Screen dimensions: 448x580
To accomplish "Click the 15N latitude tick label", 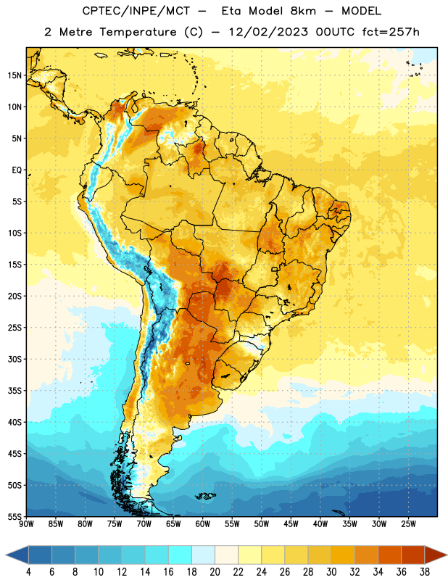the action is tap(14, 75).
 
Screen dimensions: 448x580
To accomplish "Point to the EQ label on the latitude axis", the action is tap(17, 170).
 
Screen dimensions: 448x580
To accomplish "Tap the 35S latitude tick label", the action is tap(14, 391).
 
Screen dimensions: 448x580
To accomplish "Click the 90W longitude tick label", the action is tap(27, 524).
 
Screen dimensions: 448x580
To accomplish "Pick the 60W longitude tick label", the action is tap(203, 524).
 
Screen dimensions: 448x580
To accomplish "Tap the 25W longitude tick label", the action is tap(408, 524).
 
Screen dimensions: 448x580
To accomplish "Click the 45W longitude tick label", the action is tap(291, 524).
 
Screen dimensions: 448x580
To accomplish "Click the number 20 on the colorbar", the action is tap(215, 572).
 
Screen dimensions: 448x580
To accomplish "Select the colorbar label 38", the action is tap(425, 572).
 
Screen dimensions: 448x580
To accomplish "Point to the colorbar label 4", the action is tap(29, 572).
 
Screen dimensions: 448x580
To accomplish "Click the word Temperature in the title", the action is tap(138, 32).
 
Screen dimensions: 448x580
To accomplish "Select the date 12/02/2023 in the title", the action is tap(268, 32).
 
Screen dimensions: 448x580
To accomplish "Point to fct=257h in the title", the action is tap(391, 32).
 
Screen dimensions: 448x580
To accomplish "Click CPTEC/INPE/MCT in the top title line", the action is tap(136, 11).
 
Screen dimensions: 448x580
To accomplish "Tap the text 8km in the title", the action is tap(303, 11).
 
